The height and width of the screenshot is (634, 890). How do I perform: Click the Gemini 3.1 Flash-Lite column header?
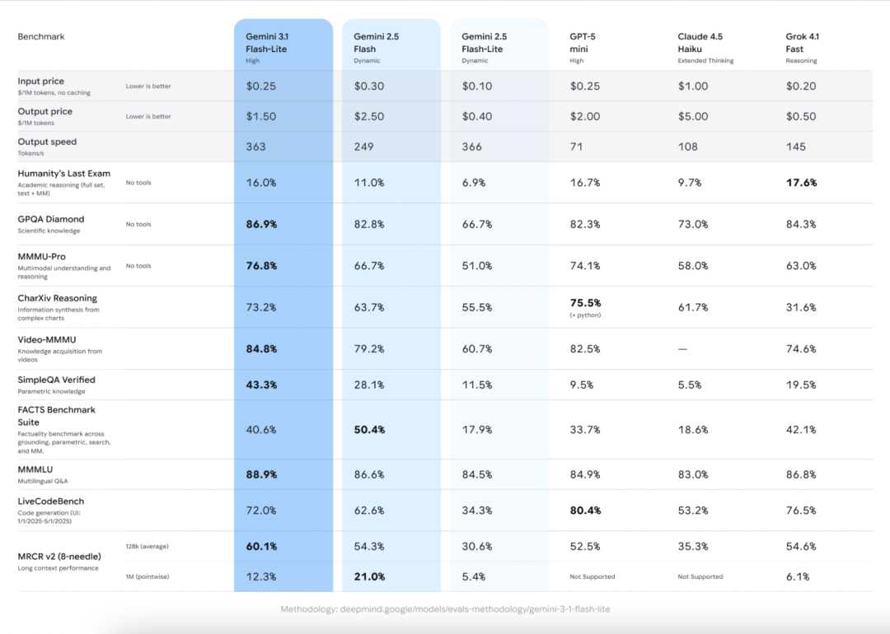266,43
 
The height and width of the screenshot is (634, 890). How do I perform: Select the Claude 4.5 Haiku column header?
700,43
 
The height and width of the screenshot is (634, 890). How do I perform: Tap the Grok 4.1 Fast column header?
802,43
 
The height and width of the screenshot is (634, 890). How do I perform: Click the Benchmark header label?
41,37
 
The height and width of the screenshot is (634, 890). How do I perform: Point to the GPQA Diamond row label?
50,220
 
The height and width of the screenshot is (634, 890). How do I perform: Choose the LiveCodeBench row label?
50,501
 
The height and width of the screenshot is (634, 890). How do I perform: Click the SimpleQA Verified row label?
56,380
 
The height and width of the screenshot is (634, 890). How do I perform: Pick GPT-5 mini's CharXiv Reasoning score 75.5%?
585,303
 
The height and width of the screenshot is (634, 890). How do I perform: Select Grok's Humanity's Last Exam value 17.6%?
802,183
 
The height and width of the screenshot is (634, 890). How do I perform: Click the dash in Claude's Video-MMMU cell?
682,349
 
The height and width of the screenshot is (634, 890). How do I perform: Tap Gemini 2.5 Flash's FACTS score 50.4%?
369,430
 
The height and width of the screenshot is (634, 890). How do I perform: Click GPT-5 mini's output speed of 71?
576,147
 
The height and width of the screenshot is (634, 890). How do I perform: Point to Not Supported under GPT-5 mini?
592,576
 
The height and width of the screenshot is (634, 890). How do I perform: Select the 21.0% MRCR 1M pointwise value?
369,576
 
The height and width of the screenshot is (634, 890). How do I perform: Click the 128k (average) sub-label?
147,547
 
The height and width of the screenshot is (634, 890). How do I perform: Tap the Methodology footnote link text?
445,609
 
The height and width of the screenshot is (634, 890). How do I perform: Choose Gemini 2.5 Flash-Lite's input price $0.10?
477,86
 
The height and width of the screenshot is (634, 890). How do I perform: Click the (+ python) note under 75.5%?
585,315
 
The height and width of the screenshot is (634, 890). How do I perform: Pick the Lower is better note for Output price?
148,116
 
